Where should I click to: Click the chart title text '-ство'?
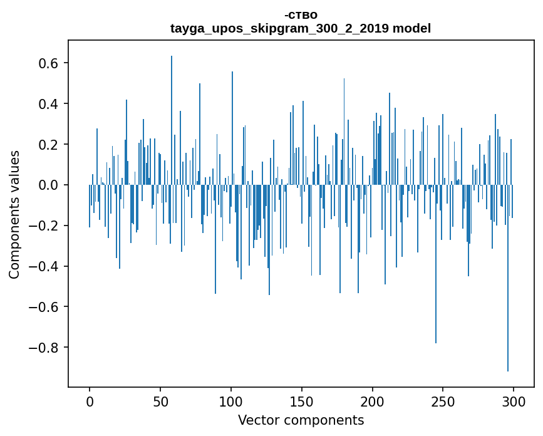click(x=301, y=15)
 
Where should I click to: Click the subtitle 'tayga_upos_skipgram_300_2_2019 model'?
click(x=301, y=29)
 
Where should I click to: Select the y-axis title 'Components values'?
click(x=14, y=214)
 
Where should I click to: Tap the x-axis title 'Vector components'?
click(x=301, y=420)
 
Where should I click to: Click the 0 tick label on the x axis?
click(x=90, y=401)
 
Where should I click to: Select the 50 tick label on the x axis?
click(x=160, y=401)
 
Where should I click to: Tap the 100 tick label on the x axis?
click(x=231, y=401)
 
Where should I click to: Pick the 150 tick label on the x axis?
click(x=302, y=401)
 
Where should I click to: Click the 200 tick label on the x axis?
click(x=373, y=401)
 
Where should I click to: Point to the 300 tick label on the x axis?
click(x=514, y=401)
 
